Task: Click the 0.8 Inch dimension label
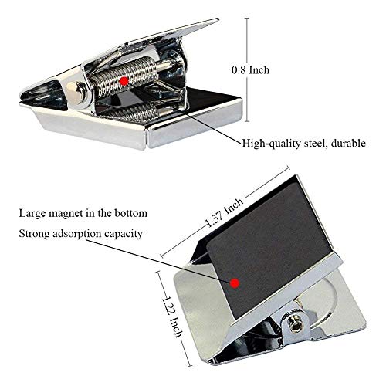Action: coord(250,70)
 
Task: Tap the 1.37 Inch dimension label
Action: coord(225,212)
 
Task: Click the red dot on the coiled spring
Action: coord(124,81)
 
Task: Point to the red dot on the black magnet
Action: coord(235,283)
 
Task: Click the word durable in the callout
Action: coord(348,143)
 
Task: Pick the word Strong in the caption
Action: coord(34,234)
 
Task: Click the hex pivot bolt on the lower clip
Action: coord(296,323)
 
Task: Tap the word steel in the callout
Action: coord(315,144)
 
